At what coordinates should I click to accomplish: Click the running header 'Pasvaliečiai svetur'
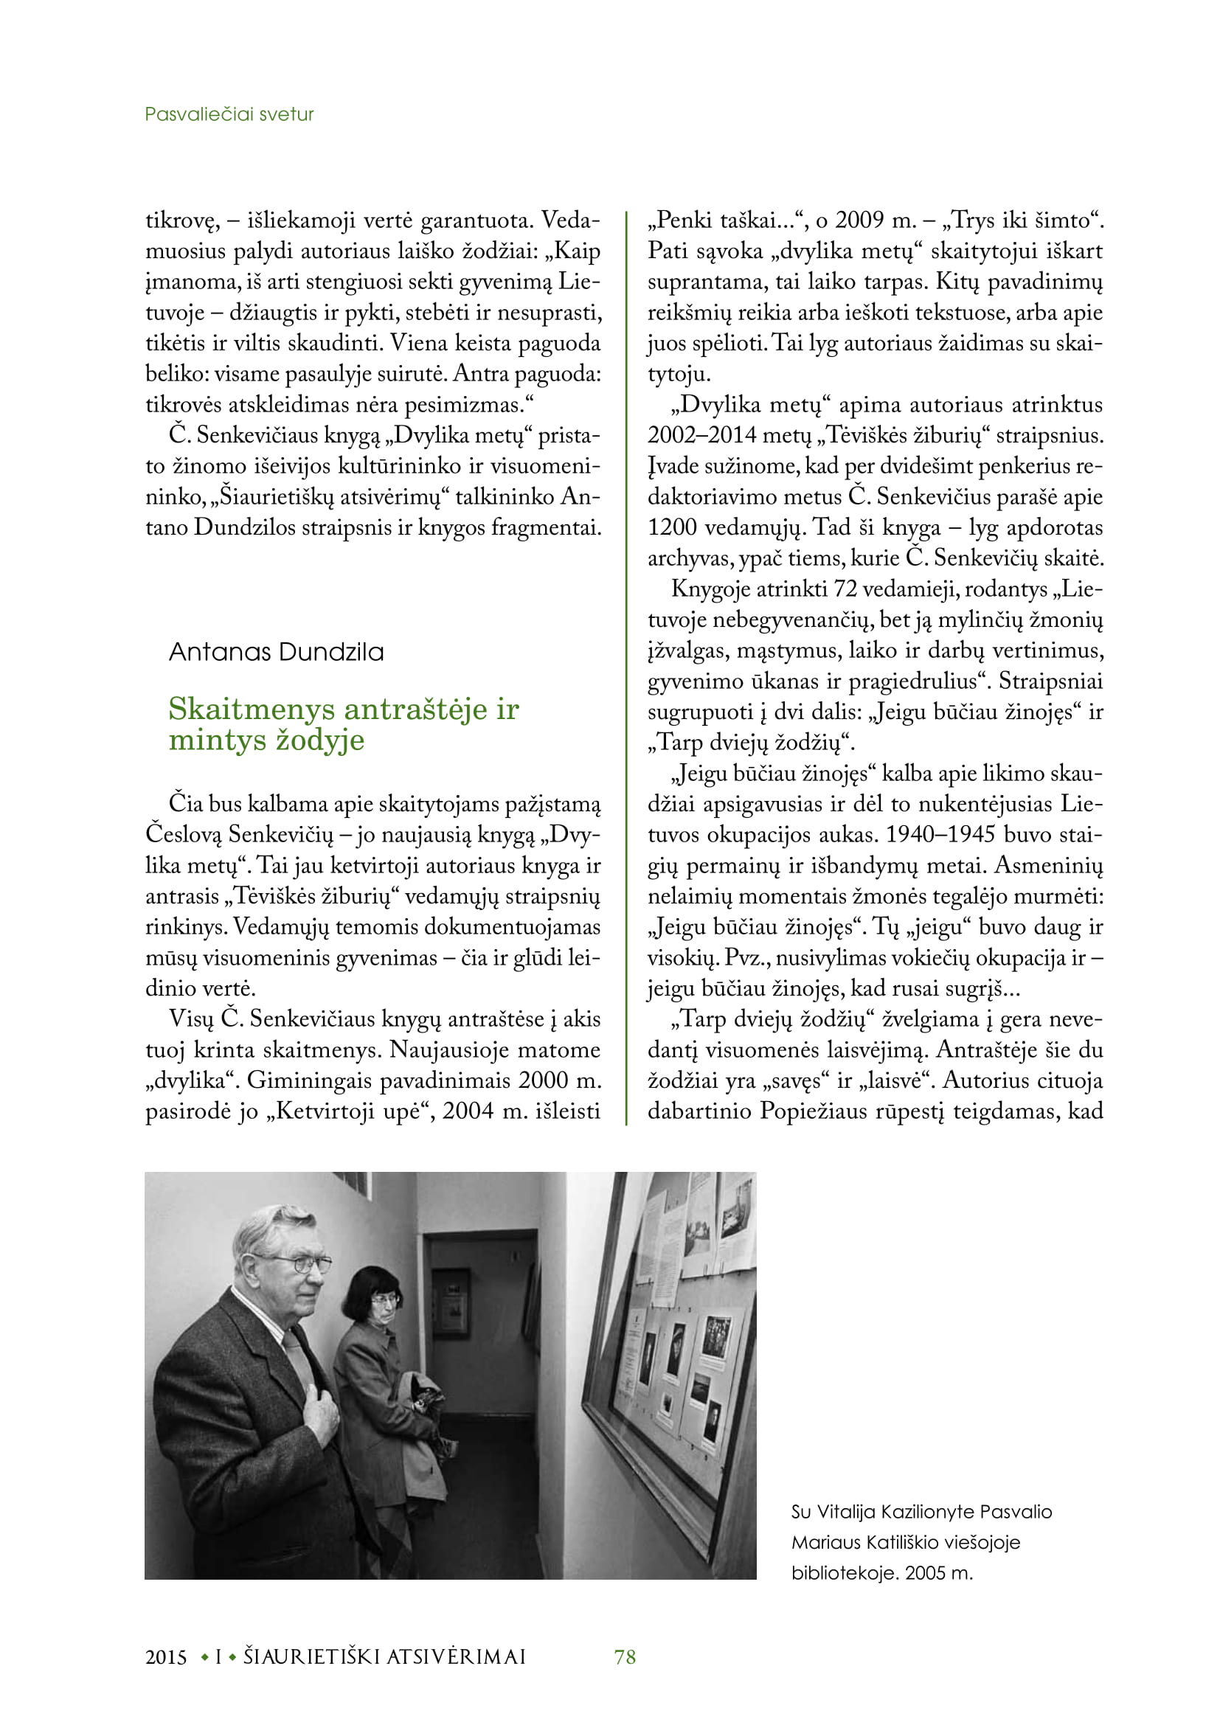[x=229, y=114]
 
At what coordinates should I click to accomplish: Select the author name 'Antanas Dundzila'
[x=276, y=651]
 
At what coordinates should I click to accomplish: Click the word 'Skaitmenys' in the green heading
[x=252, y=709]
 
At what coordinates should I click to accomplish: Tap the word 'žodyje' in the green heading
[x=320, y=740]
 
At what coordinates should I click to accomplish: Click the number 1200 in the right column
[x=670, y=527]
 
